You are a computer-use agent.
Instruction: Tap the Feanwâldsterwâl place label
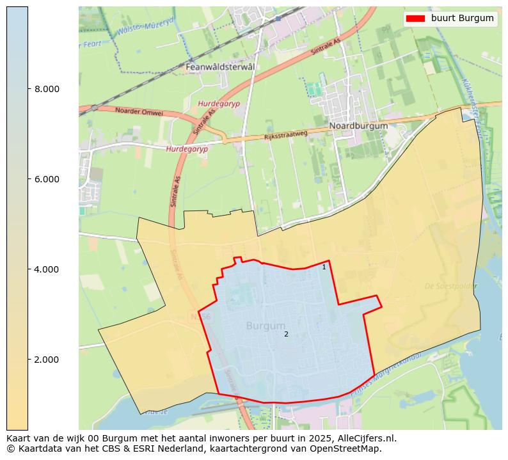pyautogui.click(x=219, y=67)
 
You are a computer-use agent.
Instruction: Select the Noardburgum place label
pyautogui.click(x=358, y=126)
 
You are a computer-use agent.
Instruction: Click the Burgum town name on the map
pyautogui.click(x=266, y=326)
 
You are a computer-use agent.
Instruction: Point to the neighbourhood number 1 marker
pyautogui.click(x=324, y=267)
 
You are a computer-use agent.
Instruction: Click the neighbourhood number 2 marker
pyautogui.click(x=286, y=334)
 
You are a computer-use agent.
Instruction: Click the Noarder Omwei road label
pyautogui.click(x=139, y=112)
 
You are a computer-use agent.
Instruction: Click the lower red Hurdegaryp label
pyautogui.click(x=187, y=148)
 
